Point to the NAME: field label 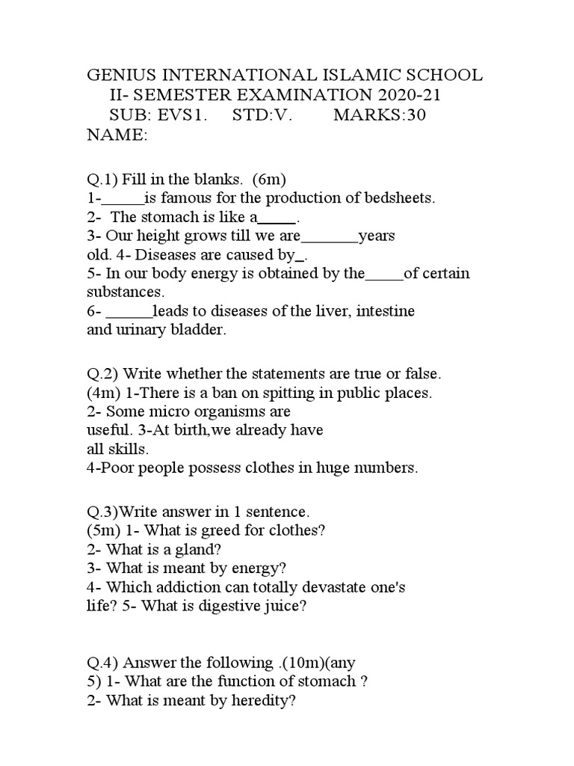pyautogui.click(x=117, y=135)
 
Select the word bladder pyautogui.click(x=200, y=330)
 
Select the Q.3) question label pyautogui.click(x=102, y=512)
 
